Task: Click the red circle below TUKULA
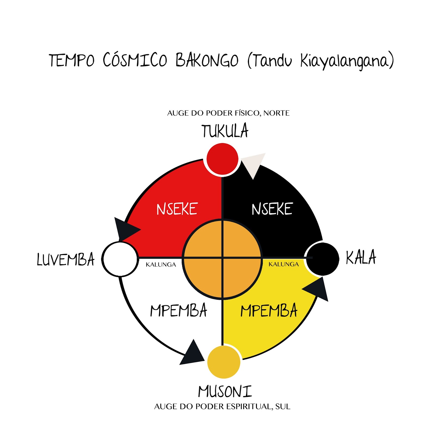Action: (222, 159)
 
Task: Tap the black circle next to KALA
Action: (323, 259)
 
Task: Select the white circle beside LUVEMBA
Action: (120, 259)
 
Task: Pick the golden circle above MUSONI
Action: (224, 362)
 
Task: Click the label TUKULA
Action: (225, 131)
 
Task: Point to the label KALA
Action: (361, 257)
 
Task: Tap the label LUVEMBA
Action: (66, 259)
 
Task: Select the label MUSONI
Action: (225, 392)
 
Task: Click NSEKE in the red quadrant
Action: (177, 209)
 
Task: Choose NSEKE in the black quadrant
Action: (272, 209)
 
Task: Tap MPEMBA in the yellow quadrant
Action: (269, 311)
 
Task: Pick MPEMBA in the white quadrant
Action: (179, 311)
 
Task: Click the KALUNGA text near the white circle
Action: (161, 265)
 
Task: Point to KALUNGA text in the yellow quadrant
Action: (284, 264)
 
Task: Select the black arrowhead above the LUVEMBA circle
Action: (125, 229)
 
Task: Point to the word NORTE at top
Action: (276, 113)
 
